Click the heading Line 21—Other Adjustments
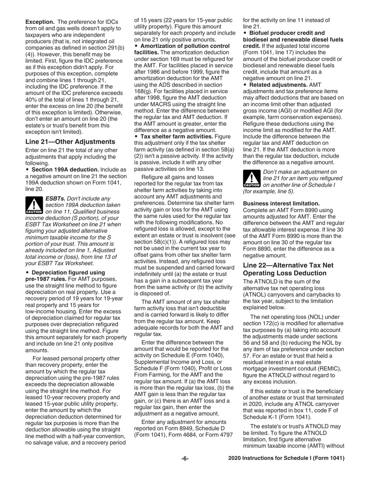click(x=70, y=141)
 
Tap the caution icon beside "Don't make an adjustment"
click(x=252, y=179)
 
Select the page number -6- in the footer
click(x=185, y=458)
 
